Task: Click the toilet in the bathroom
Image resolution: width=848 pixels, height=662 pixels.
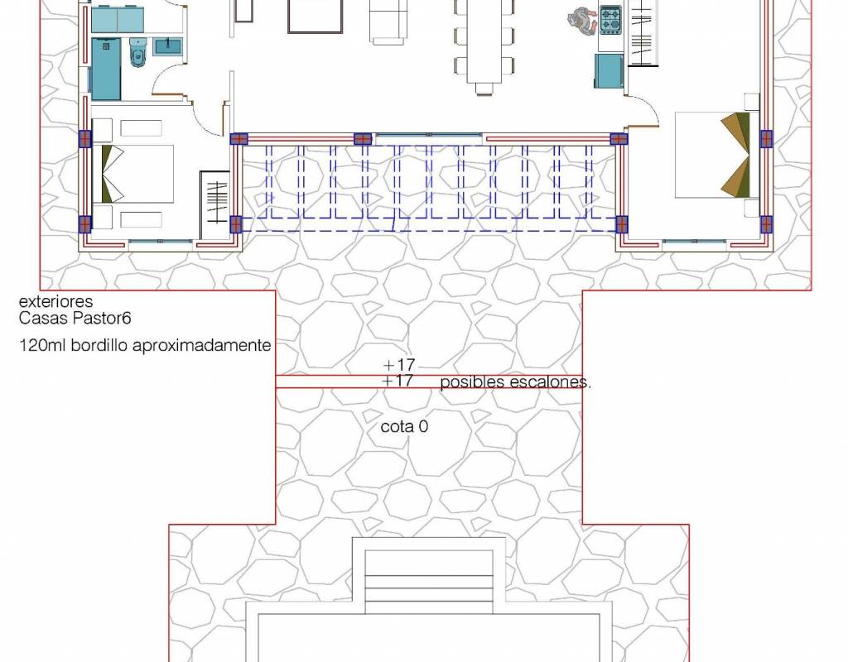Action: [138, 52]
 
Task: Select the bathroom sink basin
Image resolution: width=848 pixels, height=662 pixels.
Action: [168, 46]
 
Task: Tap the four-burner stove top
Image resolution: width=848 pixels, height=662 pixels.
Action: [610, 20]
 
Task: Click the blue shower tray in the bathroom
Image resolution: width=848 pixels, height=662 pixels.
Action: [106, 69]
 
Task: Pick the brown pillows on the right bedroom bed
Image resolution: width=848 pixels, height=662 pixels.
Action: [736, 155]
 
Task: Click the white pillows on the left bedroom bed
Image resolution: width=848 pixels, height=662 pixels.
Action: [112, 174]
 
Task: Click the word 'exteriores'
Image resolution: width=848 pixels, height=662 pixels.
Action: [55, 301]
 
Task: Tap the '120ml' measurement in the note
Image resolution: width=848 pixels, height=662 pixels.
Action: [42, 345]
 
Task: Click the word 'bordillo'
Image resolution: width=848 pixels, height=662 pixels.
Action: [99, 345]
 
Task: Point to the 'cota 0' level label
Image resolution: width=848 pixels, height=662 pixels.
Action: [404, 426]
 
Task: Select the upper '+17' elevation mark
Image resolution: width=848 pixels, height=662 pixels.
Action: [398, 365]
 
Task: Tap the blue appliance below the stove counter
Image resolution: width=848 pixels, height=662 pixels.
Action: [610, 70]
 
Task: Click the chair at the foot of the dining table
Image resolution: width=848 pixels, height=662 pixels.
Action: [484, 88]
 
